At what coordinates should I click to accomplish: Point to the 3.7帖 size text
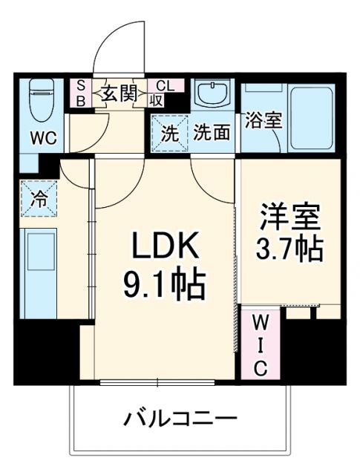click(x=289, y=249)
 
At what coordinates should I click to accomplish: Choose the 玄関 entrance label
click(x=118, y=94)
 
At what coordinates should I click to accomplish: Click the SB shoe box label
click(x=80, y=94)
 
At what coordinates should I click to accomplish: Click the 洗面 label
click(x=211, y=134)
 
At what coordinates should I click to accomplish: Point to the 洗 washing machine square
click(x=169, y=134)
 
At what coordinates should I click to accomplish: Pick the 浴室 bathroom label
click(x=264, y=120)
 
